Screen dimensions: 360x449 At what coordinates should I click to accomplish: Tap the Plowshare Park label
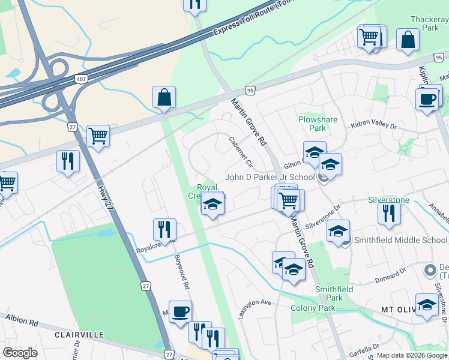(x=318, y=124)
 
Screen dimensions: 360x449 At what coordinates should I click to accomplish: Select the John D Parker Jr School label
(x=270, y=178)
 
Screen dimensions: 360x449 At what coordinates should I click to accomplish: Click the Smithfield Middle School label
(x=401, y=240)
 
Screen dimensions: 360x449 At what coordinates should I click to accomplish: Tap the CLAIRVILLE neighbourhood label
(x=79, y=334)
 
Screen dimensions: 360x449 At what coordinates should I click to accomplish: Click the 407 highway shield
(x=81, y=79)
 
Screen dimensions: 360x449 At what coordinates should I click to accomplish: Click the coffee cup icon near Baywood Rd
(x=180, y=311)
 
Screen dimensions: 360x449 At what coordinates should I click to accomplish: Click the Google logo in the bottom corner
(x=20, y=352)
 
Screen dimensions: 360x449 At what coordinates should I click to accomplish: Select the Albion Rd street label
(x=21, y=320)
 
